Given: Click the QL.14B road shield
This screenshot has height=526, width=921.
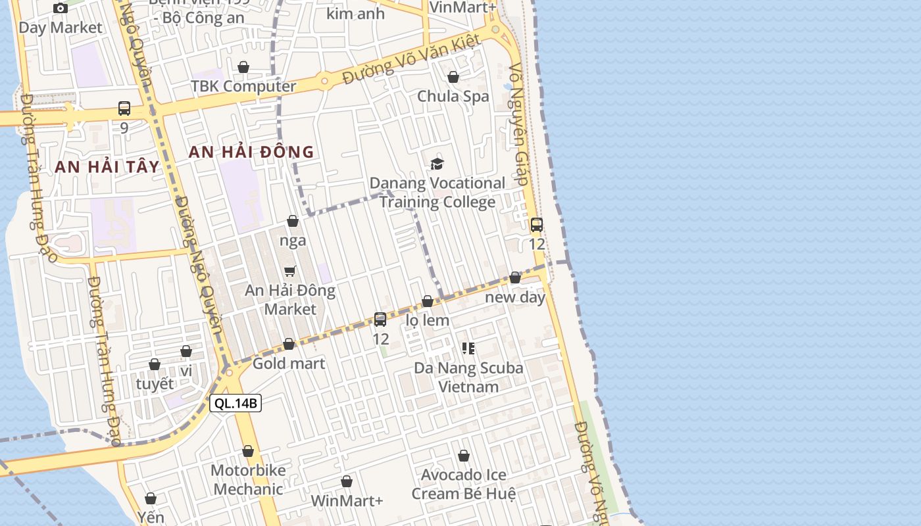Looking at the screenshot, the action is tap(236, 403).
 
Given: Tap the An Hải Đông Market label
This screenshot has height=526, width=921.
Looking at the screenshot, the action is tap(290, 299).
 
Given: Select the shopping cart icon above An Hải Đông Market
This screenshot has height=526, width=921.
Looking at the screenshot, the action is tap(289, 271).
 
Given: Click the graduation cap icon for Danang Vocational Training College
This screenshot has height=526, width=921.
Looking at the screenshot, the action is tap(437, 164).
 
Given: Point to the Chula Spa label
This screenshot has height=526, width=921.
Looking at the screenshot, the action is tap(453, 96).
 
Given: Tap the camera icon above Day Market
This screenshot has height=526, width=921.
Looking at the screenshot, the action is tap(61, 8).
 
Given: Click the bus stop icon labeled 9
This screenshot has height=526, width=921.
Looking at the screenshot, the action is tap(124, 108).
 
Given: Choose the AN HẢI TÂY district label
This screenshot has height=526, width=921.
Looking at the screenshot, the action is tap(107, 167).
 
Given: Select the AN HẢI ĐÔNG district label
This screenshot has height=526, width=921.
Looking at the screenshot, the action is tap(251, 152).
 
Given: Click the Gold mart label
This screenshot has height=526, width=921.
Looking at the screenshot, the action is tap(289, 363).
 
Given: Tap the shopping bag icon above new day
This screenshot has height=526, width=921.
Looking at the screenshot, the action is tap(515, 277).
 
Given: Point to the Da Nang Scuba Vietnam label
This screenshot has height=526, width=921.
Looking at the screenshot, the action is tap(468, 377).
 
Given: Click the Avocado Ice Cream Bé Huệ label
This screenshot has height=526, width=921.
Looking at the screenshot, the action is tap(464, 484).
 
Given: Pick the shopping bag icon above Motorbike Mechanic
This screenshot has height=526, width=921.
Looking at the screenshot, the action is tap(248, 451).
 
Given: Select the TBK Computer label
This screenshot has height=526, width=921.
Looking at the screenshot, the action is tap(243, 86).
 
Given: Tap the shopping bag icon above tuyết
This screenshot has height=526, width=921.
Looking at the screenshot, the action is tap(155, 364).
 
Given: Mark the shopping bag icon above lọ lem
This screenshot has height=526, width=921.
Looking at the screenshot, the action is tap(428, 301).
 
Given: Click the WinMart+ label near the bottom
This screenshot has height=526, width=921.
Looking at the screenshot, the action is tap(347, 500).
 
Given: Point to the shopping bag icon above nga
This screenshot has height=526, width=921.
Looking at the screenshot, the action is tap(293, 221).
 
